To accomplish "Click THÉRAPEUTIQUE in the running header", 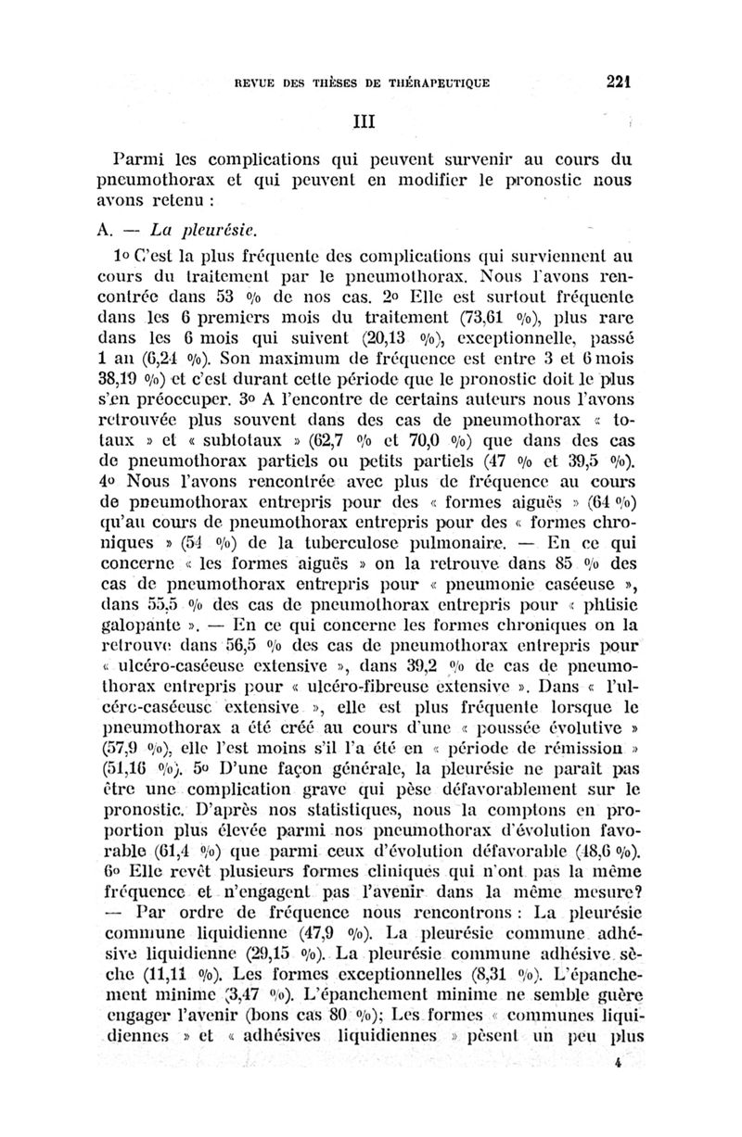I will click(x=434, y=82).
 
